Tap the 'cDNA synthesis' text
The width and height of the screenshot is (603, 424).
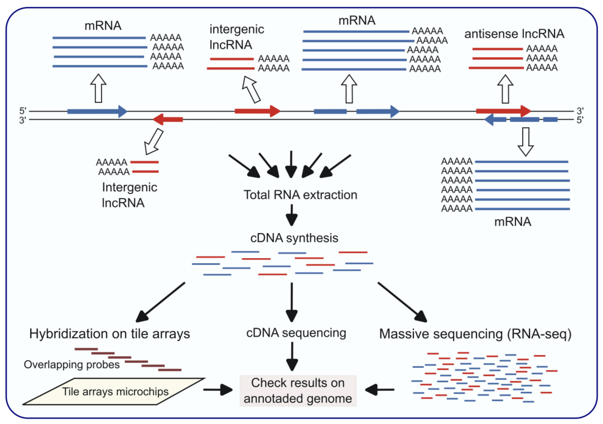(294, 238)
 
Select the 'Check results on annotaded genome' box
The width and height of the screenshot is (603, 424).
(298, 390)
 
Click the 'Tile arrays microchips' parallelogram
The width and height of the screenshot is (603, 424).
(115, 392)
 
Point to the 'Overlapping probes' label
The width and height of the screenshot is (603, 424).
(71, 364)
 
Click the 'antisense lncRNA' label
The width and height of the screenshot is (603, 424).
(514, 34)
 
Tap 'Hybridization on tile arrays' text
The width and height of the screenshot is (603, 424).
(110, 334)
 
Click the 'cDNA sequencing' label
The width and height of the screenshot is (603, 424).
(296, 333)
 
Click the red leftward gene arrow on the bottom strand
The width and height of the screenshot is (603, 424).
(168, 120)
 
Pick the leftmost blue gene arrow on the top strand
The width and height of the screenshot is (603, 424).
(97, 111)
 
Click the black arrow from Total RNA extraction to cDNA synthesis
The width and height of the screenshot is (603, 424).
(292, 215)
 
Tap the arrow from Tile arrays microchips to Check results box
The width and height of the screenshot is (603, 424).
(217, 390)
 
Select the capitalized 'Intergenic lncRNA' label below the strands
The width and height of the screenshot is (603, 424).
(129, 195)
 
